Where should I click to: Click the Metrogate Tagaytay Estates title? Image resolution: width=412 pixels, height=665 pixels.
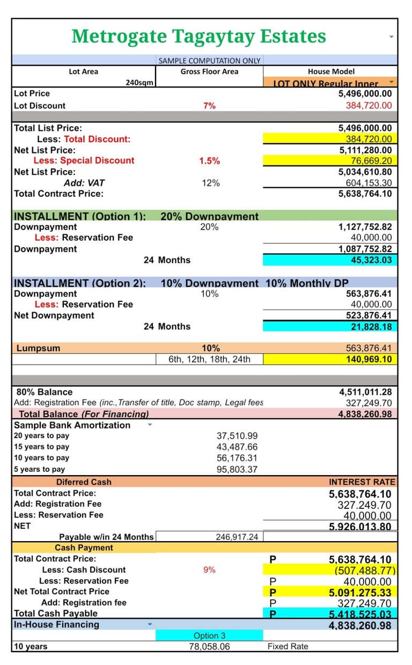tap(198, 36)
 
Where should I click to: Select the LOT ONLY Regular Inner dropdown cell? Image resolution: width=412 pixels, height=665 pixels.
tap(327, 83)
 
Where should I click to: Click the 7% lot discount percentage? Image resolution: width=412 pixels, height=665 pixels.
tap(209, 106)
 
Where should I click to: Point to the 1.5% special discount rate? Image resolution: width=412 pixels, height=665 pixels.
tap(209, 161)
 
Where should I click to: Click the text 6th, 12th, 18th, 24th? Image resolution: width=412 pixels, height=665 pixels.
tap(209, 359)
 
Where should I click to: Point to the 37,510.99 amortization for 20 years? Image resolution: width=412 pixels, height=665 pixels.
tap(237, 436)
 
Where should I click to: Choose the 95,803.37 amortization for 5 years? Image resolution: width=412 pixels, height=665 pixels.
tap(237, 469)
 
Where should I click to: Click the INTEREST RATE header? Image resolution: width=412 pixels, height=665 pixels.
tap(362, 482)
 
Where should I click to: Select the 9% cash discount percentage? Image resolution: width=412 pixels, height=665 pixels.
tap(209, 570)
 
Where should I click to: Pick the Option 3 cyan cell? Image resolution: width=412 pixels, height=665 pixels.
tap(209, 636)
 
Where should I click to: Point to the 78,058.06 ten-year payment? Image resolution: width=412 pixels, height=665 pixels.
tap(209, 647)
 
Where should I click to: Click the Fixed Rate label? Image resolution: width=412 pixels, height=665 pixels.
tap(288, 647)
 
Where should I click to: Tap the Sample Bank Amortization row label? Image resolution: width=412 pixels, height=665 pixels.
tap(72, 425)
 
